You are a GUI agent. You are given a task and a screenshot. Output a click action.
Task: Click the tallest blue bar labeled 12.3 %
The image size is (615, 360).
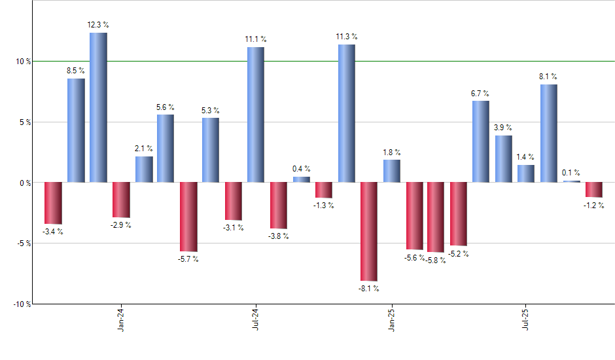pos(98,107)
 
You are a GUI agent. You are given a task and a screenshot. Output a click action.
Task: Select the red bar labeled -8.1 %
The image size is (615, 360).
pos(369,231)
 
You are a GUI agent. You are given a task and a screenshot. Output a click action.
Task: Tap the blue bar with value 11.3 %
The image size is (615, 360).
pos(347,113)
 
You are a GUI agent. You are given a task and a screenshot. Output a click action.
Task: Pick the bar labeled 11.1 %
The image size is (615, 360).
pos(256,115)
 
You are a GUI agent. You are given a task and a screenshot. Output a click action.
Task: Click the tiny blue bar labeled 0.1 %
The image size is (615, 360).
pos(572,181)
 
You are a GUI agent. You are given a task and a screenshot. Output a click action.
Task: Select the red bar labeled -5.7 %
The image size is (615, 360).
pos(188,217)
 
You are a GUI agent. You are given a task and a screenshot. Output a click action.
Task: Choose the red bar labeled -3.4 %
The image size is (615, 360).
pos(53,203)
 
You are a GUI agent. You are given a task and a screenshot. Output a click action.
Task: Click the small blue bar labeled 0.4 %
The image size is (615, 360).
pos(302,179)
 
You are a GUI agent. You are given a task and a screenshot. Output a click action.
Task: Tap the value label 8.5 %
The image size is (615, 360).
pos(76,71)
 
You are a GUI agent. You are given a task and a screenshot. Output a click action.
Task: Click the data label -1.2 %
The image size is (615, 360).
pos(594,205)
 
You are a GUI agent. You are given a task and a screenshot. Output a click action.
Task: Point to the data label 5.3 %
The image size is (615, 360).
pos(211,110)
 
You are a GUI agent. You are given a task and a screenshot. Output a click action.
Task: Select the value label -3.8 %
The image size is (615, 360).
pos(279,236)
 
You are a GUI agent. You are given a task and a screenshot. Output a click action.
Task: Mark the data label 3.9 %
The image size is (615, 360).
pos(503,128)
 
